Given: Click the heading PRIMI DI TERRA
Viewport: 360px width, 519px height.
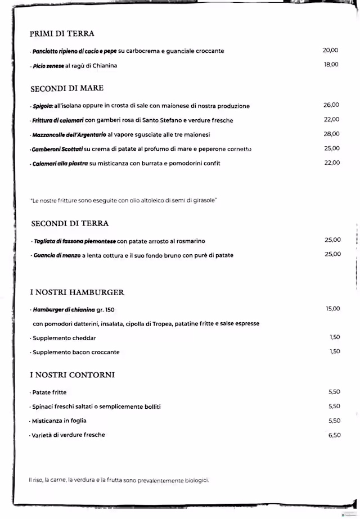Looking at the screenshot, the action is click(62, 34).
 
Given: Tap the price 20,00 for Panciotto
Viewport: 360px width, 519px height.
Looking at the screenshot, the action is click(330, 50).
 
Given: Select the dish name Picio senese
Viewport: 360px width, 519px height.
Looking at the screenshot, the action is click(48, 66).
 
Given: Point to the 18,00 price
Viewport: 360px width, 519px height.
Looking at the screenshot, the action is click(331, 65).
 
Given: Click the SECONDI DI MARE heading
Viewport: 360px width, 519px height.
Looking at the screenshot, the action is click(67, 88).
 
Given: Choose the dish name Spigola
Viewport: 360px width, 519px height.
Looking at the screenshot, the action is click(43, 106).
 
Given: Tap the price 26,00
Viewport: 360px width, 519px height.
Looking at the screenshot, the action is click(331, 105).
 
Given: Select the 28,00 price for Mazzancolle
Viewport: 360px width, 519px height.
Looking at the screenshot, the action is click(331, 134).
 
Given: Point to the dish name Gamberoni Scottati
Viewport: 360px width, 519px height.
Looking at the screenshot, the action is click(57, 149).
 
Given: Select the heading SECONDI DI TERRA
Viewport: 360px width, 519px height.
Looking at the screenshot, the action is click(70, 224).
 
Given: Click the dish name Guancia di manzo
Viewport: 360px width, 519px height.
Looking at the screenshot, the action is click(56, 255).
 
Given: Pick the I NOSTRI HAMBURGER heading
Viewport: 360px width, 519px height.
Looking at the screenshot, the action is click(77, 292).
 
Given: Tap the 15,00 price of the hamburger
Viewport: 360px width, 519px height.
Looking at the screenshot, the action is click(332, 309).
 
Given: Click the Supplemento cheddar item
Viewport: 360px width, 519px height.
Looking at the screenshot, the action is click(64, 338).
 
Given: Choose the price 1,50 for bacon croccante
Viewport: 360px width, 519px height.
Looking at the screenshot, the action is click(335, 351).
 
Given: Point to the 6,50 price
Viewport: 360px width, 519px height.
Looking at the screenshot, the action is click(334, 435).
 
